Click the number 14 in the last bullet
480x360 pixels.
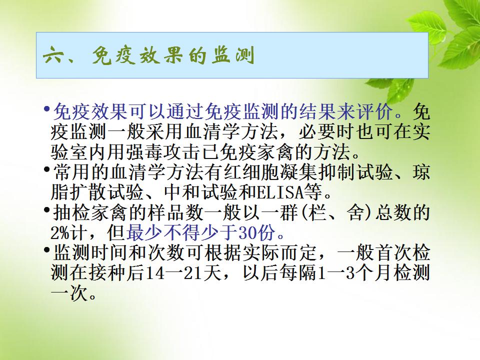coord(154,273)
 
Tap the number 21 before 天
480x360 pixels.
coord(192,273)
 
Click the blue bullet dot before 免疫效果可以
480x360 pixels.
coord(47,108)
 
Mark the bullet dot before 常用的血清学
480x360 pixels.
coord(47,169)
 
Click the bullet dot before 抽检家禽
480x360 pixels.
coord(47,209)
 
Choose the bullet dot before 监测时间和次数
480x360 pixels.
coord(47,250)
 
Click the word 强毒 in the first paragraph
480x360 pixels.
coord(145,152)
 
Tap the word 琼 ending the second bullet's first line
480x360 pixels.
coord(421,172)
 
